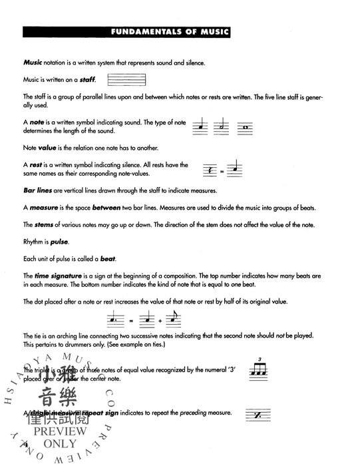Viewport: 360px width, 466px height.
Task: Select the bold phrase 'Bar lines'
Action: [37, 190]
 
